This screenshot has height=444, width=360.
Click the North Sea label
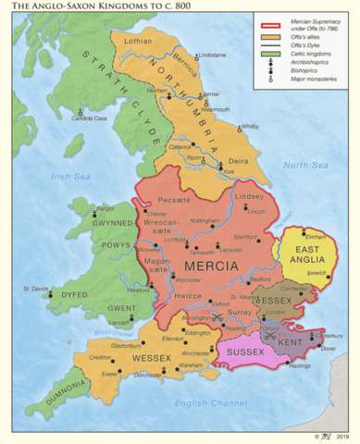[305, 165]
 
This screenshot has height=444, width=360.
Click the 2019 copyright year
[348, 436]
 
